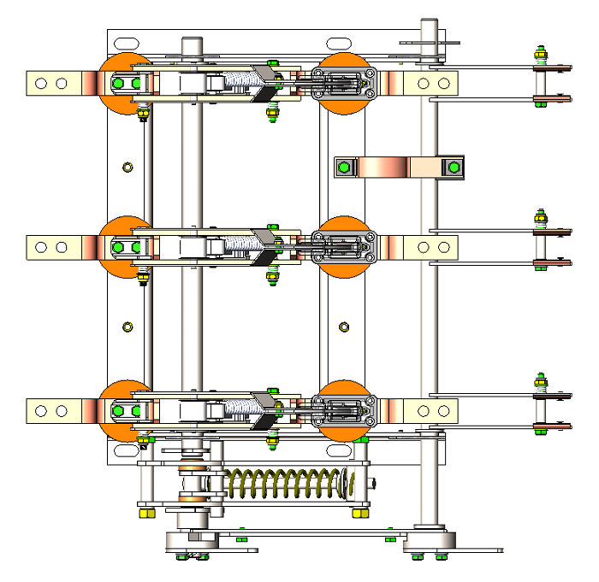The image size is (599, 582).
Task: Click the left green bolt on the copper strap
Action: (x=344, y=167)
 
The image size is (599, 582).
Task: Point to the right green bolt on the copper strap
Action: (x=451, y=167)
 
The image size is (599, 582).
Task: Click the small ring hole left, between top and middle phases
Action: (x=128, y=166)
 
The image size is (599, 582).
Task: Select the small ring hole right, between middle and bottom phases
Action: (x=344, y=326)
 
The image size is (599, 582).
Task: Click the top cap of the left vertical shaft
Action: (x=192, y=44)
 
